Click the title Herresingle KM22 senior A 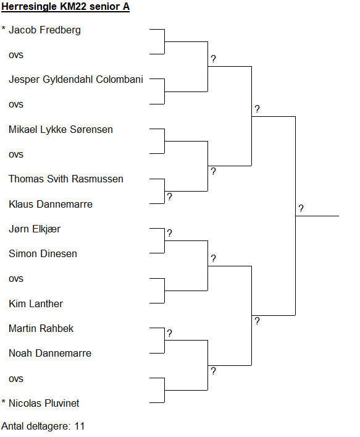tap(65, 7)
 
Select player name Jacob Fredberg tap(45, 30)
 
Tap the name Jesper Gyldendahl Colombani tap(76, 80)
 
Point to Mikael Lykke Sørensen tap(61, 130)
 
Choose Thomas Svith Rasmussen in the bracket tap(66, 179)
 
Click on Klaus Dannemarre tap(51, 205)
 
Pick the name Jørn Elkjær tap(35, 229)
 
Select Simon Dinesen tap(43, 254)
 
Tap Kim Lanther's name tap(36, 303)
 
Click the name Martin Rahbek tap(41, 329)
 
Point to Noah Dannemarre tap(50, 354)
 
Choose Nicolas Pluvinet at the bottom tap(44, 403)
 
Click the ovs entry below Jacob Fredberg tap(16, 56)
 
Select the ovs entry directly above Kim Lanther tap(16, 279)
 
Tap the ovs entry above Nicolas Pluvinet tap(16, 380)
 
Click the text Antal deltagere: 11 tap(43, 426)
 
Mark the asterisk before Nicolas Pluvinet tap(4, 402)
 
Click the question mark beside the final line tap(301, 208)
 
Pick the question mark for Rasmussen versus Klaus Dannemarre tap(170, 197)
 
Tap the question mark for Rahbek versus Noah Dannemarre tap(170, 333)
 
